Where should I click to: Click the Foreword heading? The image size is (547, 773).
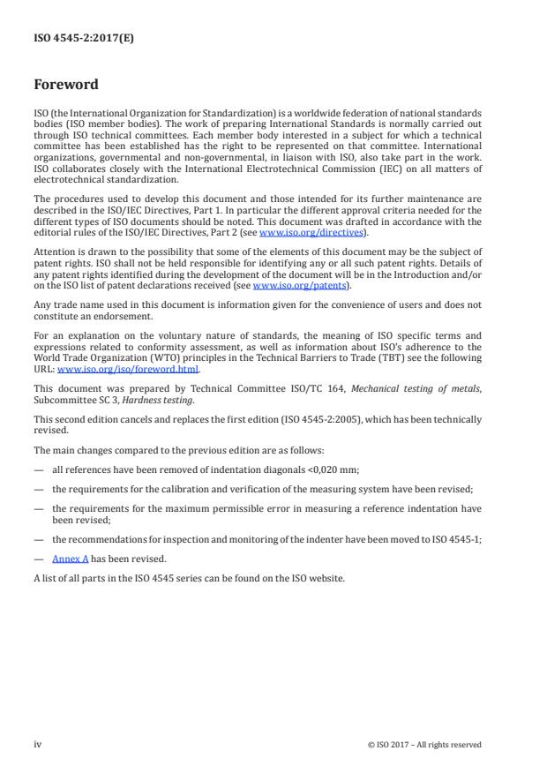tap(65, 86)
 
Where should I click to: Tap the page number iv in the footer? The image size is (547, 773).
tap(38, 744)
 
